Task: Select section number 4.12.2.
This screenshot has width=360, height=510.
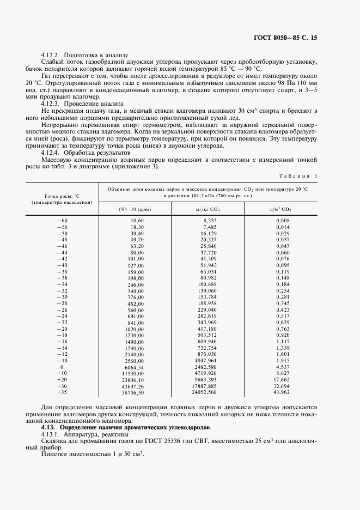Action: pos(53,55)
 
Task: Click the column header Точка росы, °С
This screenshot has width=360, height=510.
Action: pos(62,195)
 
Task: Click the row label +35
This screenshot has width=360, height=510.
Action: pos(62,392)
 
